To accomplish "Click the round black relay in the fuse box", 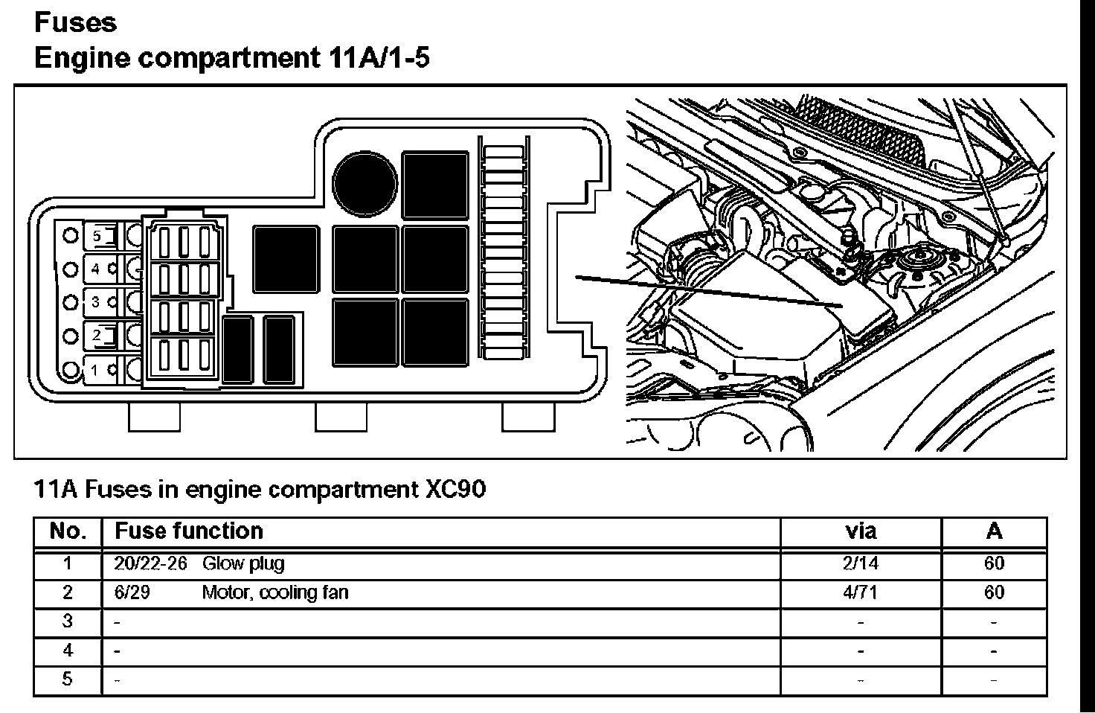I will (365, 181).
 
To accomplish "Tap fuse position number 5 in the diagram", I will (97, 236).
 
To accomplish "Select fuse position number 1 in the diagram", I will (95, 369).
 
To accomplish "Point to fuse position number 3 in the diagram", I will (95, 302).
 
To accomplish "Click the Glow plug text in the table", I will (243, 563).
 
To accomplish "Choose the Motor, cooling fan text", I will (274, 593).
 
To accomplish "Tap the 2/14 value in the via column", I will (861, 563).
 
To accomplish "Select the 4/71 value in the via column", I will (861, 593).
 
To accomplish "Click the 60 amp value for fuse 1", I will (994, 563).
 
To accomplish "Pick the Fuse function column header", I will (189, 531).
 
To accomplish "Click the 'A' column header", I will (994, 531).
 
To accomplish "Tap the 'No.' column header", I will (68, 531).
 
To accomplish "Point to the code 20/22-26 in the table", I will (150, 563).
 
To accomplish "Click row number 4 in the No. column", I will (68, 650).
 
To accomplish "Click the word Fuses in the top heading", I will (75, 22).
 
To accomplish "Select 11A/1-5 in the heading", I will (376, 58).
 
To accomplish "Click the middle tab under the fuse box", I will (341, 417).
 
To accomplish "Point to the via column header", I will (861, 531).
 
